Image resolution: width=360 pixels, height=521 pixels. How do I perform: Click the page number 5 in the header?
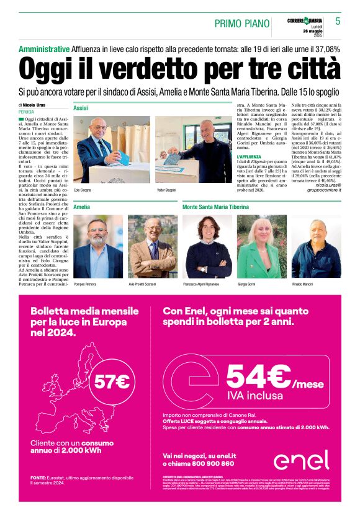click(338, 21)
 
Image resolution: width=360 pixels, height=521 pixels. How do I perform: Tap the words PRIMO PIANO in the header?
click(242, 24)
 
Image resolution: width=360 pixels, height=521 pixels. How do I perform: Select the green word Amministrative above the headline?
click(44, 49)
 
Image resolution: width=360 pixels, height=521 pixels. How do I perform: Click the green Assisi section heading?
click(81, 108)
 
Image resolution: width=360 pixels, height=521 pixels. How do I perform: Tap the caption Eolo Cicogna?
click(83, 190)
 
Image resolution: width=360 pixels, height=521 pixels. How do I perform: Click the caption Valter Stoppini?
click(165, 190)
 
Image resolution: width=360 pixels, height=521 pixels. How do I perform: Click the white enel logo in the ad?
click(302, 460)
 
